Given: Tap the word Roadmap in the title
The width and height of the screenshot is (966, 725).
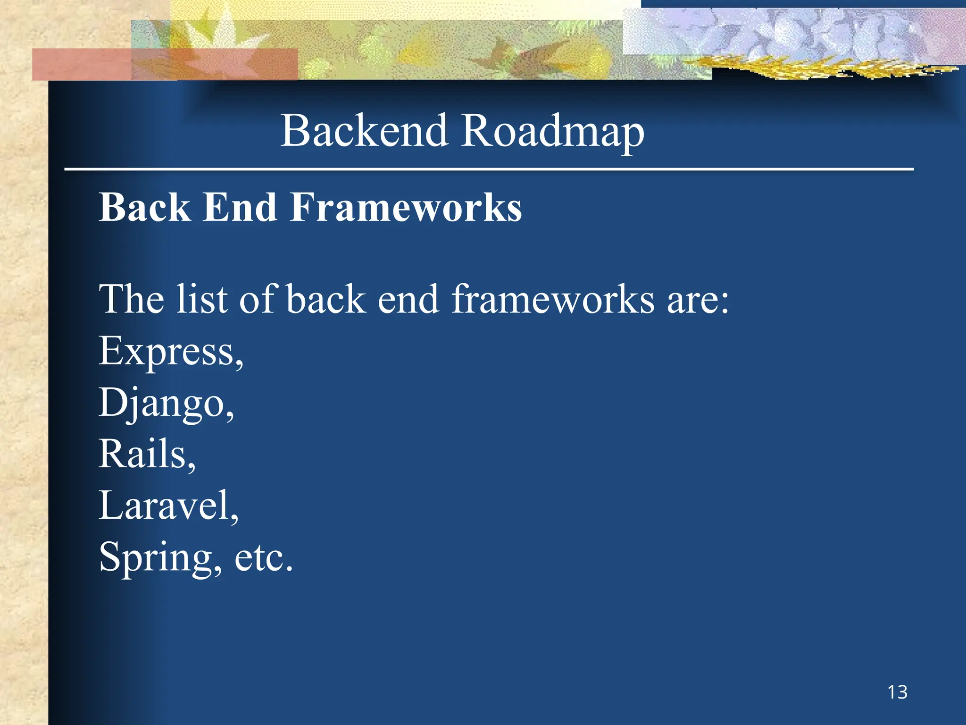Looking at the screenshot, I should [x=553, y=132].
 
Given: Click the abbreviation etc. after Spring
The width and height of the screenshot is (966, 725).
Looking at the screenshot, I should [x=264, y=558].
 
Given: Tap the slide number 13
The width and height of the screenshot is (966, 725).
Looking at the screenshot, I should [x=897, y=692].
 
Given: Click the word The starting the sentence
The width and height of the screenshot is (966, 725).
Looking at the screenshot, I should [x=131, y=299].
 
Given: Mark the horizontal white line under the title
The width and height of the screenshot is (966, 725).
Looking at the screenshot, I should [x=489, y=169].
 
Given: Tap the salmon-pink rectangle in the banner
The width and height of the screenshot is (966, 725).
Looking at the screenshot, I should [x=80, y=65].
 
